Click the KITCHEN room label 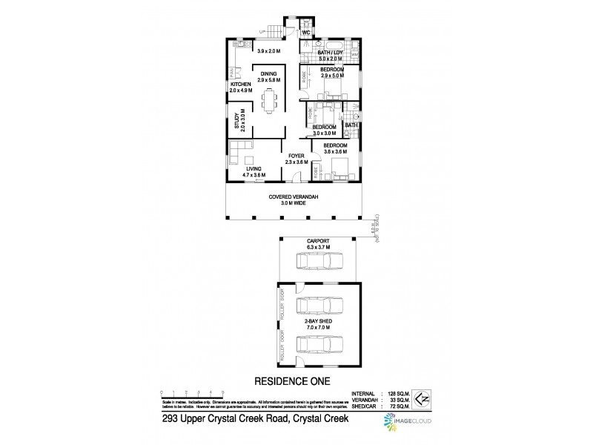pos(240,85)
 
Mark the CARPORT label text pos(317,243)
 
